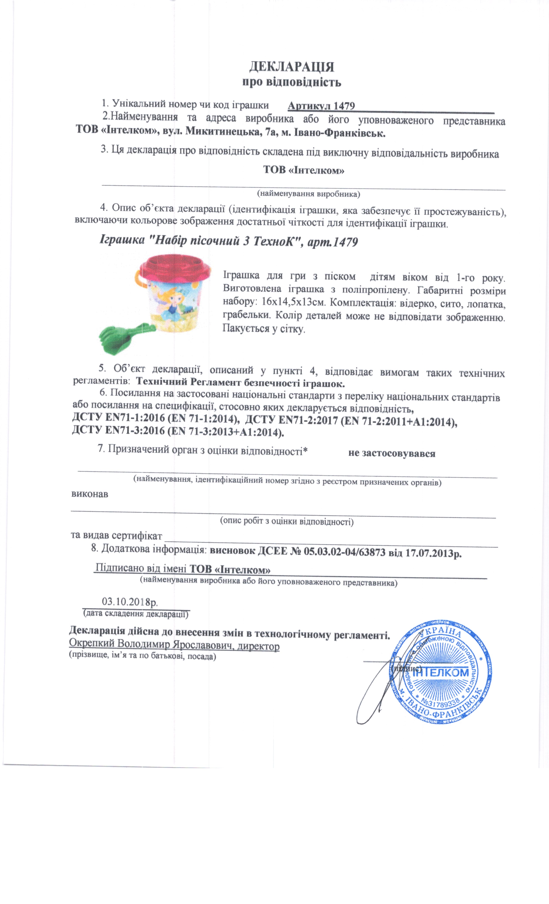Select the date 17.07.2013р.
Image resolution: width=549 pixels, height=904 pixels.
click(433, 552)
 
